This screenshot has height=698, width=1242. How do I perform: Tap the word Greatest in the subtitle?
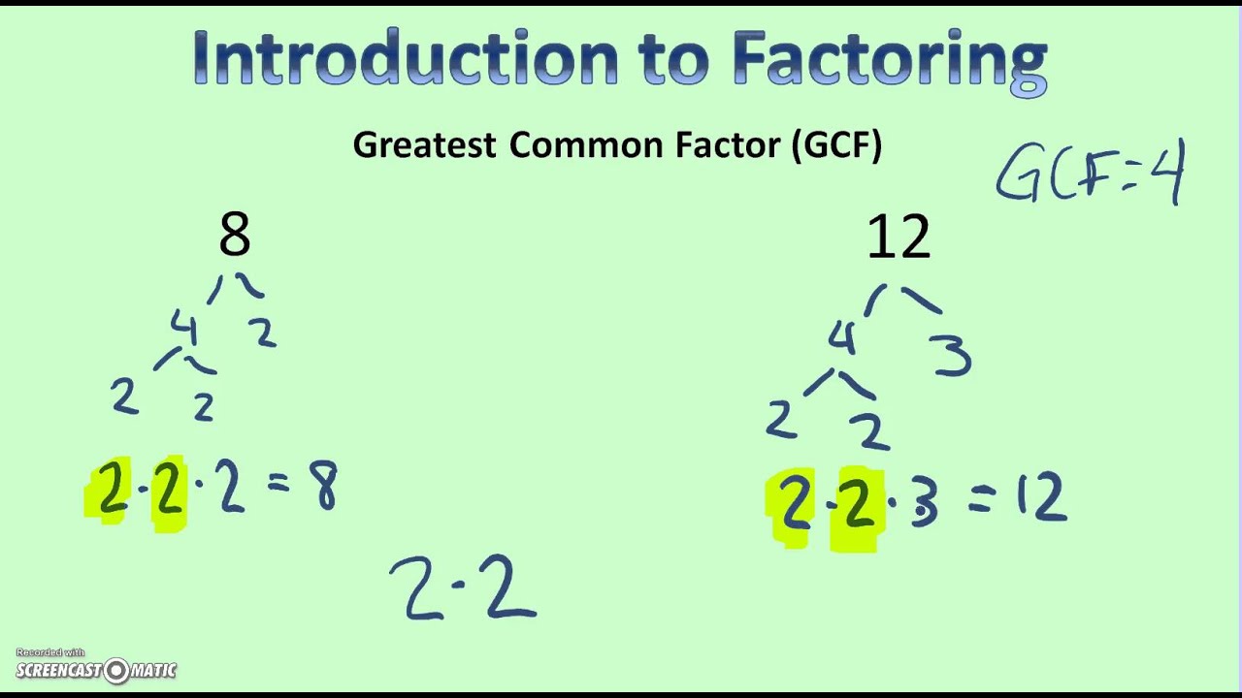click(424, 145)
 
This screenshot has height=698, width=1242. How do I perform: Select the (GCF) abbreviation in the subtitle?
click(837, 145)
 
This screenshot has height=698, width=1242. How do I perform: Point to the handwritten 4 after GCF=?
click(1167, 172)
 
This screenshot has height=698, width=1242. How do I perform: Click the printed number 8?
click(235, 235)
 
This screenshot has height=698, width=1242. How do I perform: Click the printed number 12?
click(899, 238)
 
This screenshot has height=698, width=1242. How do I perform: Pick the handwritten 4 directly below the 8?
click(184, 327)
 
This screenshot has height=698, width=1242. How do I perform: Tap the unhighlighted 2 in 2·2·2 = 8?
click(231, 486)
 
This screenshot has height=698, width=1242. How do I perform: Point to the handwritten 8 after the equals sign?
click(322, 486)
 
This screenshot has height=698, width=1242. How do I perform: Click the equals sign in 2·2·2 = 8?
click(278, 482)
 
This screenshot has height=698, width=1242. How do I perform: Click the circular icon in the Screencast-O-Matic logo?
click(116, 671)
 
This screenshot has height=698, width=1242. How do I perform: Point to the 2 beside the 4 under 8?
click(262, 333)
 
